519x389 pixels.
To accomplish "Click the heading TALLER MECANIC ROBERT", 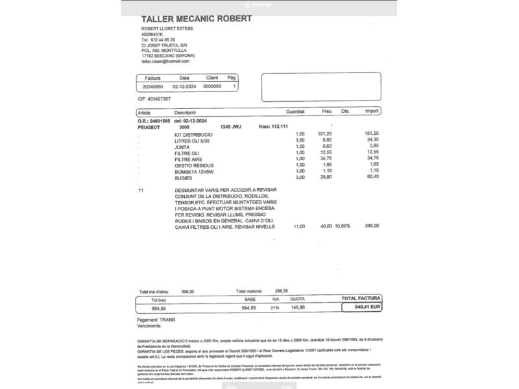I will click(x=197, y=18).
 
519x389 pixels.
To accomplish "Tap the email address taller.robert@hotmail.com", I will click(x=165, y=62).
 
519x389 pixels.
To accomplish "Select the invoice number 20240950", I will click(x=152, y=86).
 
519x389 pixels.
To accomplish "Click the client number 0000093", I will click(x=212, y=86).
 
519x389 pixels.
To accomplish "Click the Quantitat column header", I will click(x=295, y=112).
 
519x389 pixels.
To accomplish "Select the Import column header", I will click(x=372, y=112).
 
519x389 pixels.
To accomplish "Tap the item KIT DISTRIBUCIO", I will click(x=193, y=134).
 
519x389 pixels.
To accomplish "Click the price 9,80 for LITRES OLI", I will click(x=327, y=139).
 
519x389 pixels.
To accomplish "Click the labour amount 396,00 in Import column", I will click(x=372, y=226).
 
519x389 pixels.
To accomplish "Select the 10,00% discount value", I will click(x=342, y=226).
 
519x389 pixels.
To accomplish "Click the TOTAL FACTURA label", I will click(x=361, y=299).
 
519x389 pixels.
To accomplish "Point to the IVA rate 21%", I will click(x=274, y=308).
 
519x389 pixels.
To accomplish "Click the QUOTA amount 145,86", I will click(x=297, y=308).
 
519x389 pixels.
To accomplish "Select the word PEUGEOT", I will click(x=149, y=127).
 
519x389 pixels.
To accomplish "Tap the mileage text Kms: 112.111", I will click(x=273, y=126).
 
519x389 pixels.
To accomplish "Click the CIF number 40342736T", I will click(x=154, y=99).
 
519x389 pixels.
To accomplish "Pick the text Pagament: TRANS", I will click(x=156, y=320).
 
